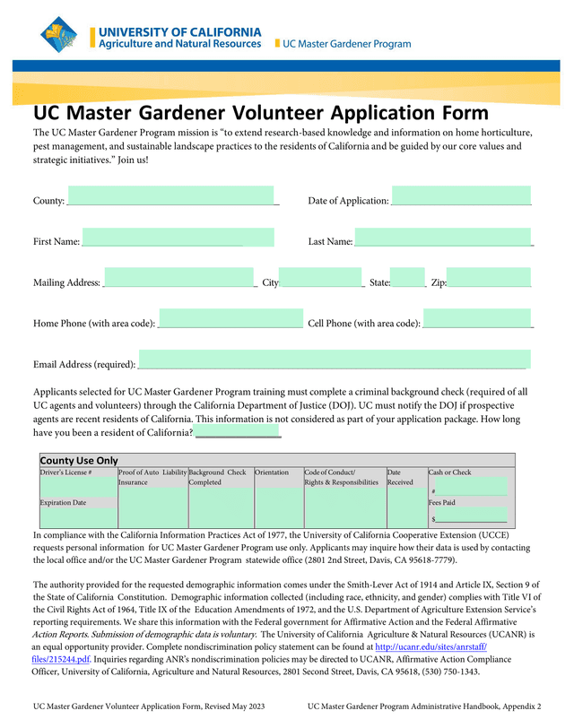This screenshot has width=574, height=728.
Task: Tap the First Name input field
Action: tap(178, 238)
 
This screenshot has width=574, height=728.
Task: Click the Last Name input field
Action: tap(443, 238)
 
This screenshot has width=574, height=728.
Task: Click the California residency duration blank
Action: tap(238, 433)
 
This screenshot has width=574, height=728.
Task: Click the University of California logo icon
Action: tap(65, 35)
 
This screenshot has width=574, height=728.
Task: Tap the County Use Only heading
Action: tap(79, 460)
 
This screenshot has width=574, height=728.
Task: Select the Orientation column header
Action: tap(272, 472)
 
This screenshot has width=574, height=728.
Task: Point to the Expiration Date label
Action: tap(63, 503)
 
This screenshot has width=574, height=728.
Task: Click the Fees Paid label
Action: tap(442, 503)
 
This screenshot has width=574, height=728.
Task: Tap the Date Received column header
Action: tap(400, 477)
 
